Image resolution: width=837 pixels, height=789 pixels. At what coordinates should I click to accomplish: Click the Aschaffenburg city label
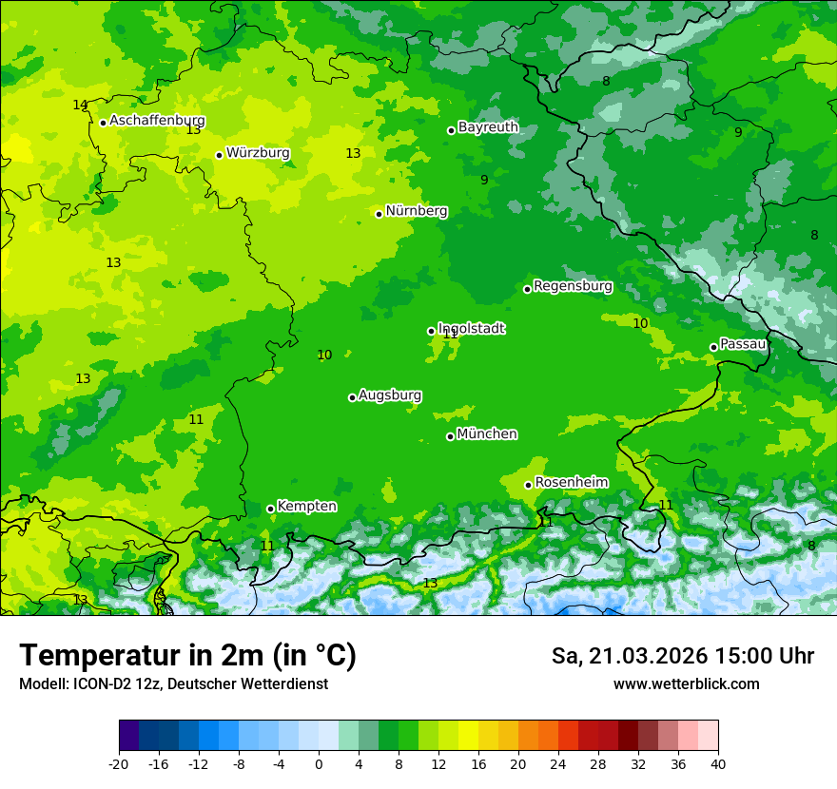(157, 121)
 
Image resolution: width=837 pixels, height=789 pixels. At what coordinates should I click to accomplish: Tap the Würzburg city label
(258, 153)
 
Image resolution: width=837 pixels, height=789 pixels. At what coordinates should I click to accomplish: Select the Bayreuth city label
(488, 127)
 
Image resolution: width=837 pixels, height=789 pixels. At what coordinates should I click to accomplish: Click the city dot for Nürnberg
(379, 214)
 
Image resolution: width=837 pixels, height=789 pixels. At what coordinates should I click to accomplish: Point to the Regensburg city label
(573, 286)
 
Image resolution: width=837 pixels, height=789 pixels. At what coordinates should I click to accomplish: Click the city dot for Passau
(713, 347)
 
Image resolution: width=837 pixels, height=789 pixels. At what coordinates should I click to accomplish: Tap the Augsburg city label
(390, 395)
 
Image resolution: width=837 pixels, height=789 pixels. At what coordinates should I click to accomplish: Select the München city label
(487, 434)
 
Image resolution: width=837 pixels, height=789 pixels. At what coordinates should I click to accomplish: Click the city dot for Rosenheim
(528, 486)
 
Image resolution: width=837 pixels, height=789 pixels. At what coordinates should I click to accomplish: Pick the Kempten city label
(306, 507)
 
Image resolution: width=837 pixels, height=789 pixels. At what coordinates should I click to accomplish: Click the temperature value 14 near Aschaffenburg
(80, 105)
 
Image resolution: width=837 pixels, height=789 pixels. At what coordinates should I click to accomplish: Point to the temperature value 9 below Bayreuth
(484, 180)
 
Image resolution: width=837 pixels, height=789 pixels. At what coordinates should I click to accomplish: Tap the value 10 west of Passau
(640, 323)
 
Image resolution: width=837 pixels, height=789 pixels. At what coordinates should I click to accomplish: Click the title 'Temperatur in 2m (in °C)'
(187, 655)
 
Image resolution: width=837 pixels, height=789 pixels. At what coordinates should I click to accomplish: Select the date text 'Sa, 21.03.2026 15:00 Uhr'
(682, 656)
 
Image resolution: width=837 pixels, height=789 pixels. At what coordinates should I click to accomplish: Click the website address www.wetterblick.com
(686, 684)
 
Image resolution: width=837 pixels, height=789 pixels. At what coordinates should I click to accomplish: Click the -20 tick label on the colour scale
(119, 763)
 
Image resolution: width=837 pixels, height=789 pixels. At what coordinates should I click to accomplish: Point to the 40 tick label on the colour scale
(718, 763)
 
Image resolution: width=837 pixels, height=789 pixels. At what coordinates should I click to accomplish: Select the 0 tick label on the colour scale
(319, 763)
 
